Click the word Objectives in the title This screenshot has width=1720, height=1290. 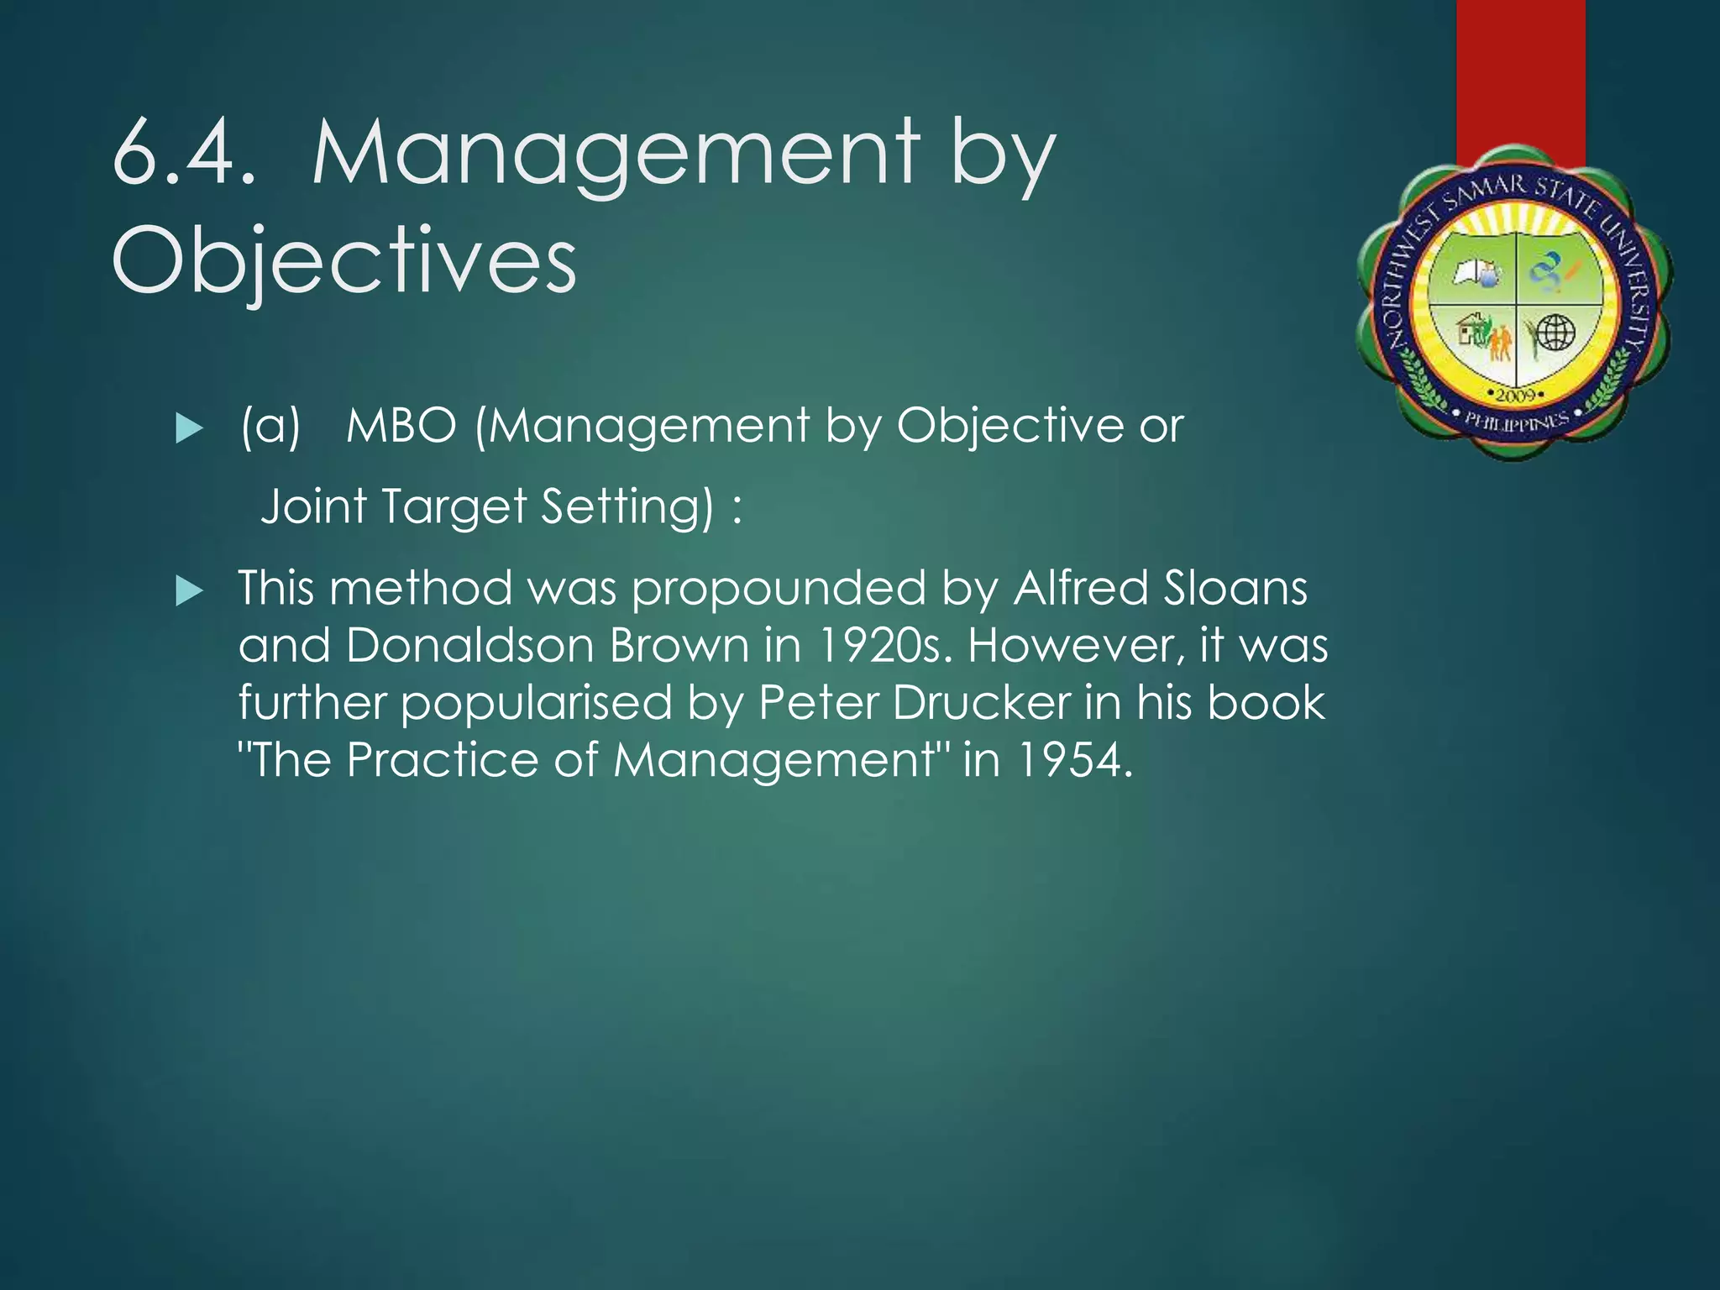tap(344, 260)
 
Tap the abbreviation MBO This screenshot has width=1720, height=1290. tap(401, 426)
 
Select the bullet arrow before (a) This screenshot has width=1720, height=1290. tap(190, 430)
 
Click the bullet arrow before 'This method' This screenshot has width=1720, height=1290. tap(190, 593)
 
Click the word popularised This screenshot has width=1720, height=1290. tap(536, 704)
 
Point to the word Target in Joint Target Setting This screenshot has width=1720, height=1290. tap(454, 507)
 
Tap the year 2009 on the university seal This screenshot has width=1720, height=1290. tap(1515, 395)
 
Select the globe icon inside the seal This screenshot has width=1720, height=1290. tap(1555, 333)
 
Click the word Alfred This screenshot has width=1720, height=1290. tap(1078, 588)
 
